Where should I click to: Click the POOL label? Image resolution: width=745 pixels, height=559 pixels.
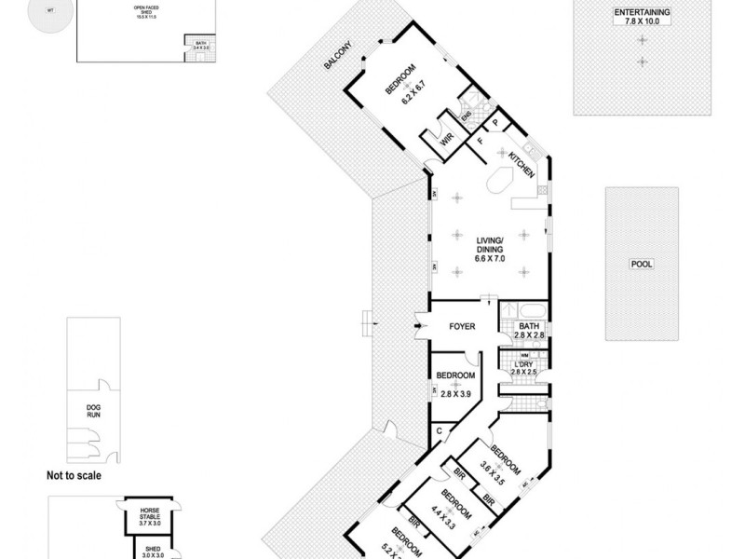tap(642, 264)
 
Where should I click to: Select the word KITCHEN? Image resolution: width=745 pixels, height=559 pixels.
tap(521, 167)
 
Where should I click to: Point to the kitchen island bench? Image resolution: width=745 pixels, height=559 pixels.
tap(503, 182)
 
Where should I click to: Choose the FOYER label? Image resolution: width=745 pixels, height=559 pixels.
tap(462, 327)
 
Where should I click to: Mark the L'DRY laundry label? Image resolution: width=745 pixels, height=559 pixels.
tap(524, 364)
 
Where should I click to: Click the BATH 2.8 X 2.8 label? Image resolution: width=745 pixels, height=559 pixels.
tap(524, 331)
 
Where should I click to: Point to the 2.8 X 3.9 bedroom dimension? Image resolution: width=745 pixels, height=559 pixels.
tap(456, 394)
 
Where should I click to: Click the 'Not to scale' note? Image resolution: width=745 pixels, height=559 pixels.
tap(74, 475)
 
